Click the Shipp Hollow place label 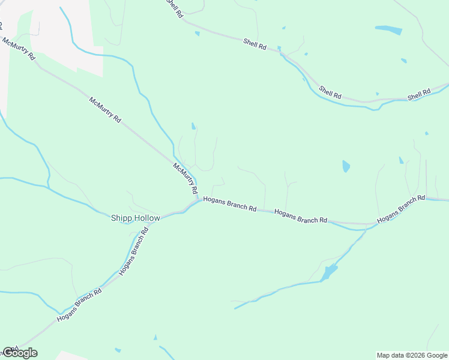[x=136, y=218]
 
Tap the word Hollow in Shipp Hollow [x=146, y=218]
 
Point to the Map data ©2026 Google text [x=412, y=355]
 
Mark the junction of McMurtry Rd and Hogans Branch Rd [x=197, y=200]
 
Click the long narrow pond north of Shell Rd [x=388, y=29]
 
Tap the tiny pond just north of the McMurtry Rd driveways [x=193, y=126]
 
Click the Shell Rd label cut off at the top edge [x=174, y=8]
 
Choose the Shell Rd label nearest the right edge [x=419, y=95]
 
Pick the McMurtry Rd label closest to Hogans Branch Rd [x=185, y=178]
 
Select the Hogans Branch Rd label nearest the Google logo [x=79, y=305]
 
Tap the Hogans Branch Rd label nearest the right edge [x=401, y=210]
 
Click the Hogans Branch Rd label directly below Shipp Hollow [x=134, y=253]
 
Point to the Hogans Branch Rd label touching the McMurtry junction [x=230, y=205]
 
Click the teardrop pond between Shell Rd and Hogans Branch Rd [x=346, y=166]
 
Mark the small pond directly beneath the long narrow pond [x=403, y=61]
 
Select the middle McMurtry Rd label [x=105, y=110]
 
